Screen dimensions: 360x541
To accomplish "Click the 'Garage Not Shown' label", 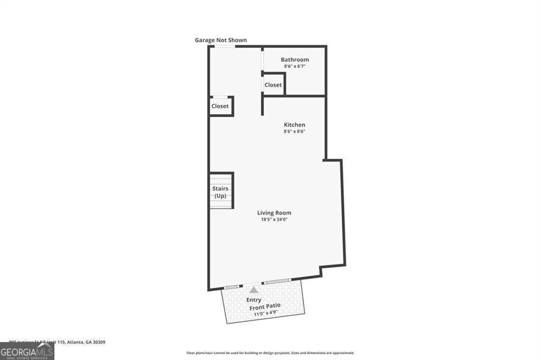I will coord(220,40).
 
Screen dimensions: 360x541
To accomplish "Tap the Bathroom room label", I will coord(295,60).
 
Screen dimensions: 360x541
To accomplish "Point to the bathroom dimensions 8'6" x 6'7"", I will coord(295,67).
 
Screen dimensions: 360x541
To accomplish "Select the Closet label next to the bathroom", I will coord(273,85).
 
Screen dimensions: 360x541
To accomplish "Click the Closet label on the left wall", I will coord(220,106).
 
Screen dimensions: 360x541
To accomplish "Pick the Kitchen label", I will coord(294,125).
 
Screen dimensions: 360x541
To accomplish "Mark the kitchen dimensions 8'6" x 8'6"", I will coord(294,131).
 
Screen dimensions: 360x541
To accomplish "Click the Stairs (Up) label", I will coord(220,192).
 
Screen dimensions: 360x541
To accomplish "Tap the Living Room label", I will coord(274,213).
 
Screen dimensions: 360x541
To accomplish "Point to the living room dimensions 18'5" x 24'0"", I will coord(274,220).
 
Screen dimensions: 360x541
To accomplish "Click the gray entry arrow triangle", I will coord(254,289).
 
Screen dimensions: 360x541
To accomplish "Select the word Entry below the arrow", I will coord(254,300).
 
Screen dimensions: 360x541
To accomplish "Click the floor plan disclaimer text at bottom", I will coord(270,353).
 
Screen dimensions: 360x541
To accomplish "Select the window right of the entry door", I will coord(276,281).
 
